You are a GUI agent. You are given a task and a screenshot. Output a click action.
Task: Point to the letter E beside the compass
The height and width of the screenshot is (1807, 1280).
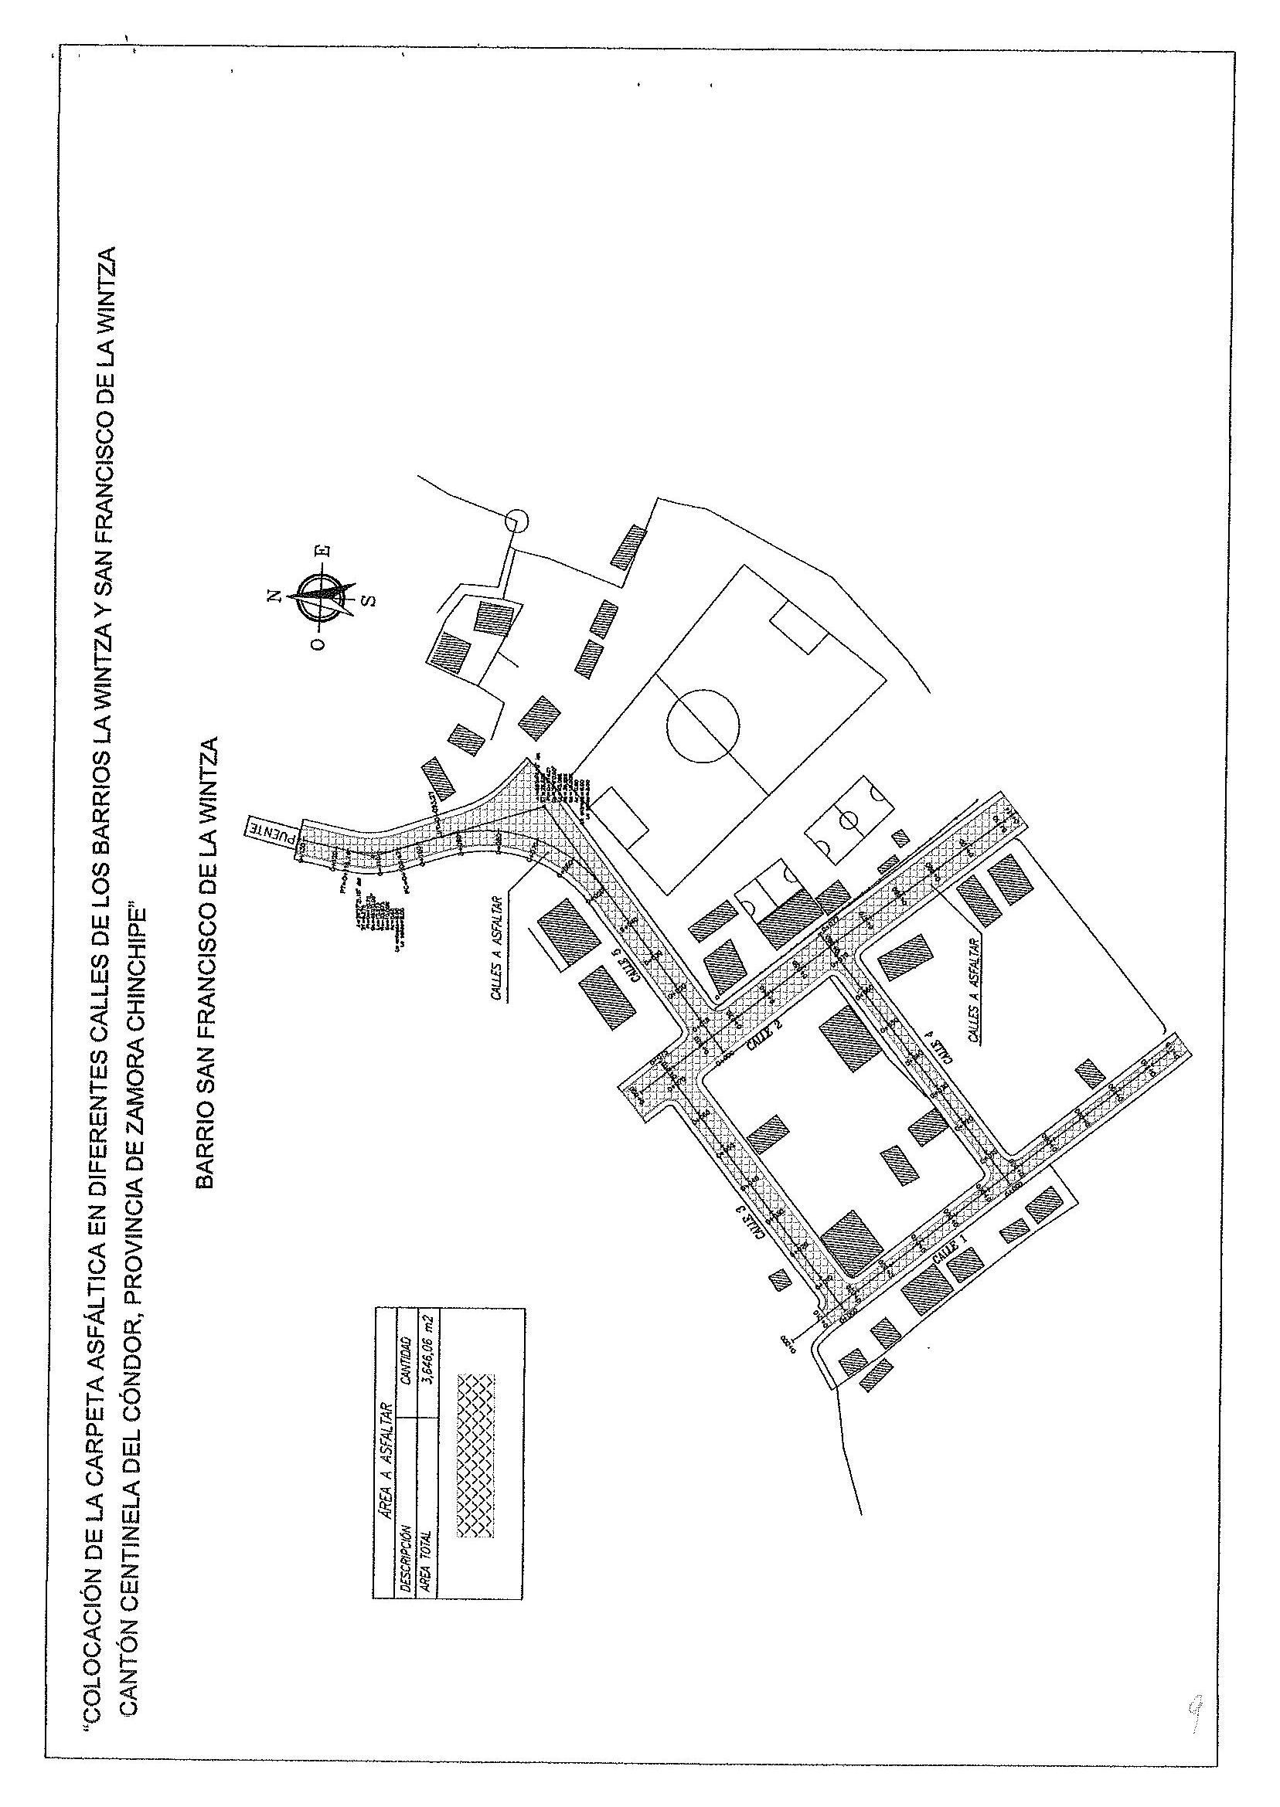click(x=324, y=551)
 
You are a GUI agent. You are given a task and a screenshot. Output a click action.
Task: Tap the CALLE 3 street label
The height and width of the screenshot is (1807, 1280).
click(x=759, y=1223)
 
